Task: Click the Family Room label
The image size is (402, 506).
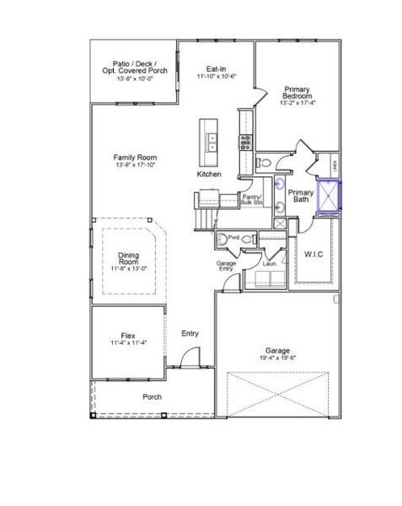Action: (x=136, y=158)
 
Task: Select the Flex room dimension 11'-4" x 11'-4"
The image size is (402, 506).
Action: (x=128, y=342)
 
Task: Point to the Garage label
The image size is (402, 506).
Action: (x=277, y=349)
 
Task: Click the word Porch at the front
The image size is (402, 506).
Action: (x=153, y=396)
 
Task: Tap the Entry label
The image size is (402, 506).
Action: (x=190, y=334)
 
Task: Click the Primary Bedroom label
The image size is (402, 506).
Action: (x=297, y=93)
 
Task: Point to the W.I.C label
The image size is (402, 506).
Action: (x=314, y=254)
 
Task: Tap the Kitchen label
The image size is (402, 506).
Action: (x=209, y=174)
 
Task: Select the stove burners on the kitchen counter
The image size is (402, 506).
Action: (x=245, y=142)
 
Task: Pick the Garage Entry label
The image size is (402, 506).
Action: (x=226, y=267)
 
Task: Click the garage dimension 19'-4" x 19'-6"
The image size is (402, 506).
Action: (x=277, y=358)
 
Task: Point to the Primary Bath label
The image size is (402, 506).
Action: (x=301, y=196)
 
